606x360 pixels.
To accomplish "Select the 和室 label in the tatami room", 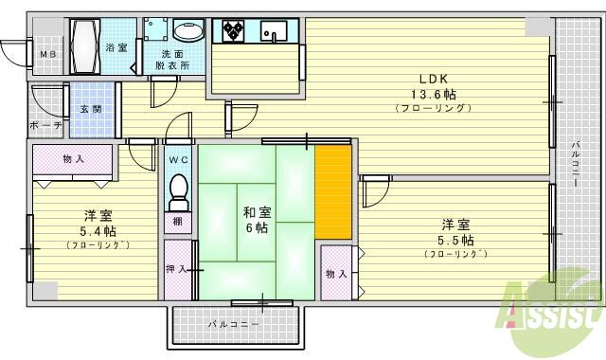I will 256,212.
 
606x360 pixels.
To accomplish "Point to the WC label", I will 179,160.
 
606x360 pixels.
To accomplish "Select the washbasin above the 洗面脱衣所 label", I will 188,32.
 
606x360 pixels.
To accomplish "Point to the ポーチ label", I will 45,125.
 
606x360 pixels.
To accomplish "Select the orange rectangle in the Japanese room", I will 332,192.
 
